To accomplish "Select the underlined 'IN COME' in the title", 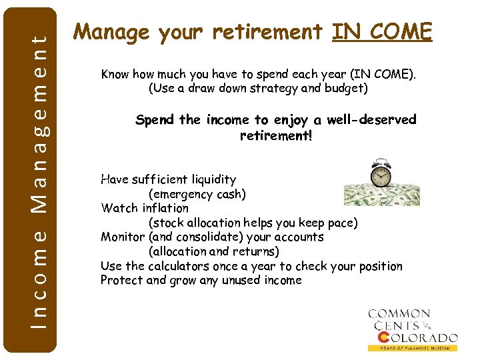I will coord(382,31).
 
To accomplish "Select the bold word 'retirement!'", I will coord(275,135).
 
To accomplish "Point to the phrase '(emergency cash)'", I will coord(197,194).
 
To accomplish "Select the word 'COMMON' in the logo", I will coord(399,313).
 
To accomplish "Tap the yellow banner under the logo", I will coord(413,348).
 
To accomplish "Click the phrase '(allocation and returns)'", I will coord(213,251).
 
